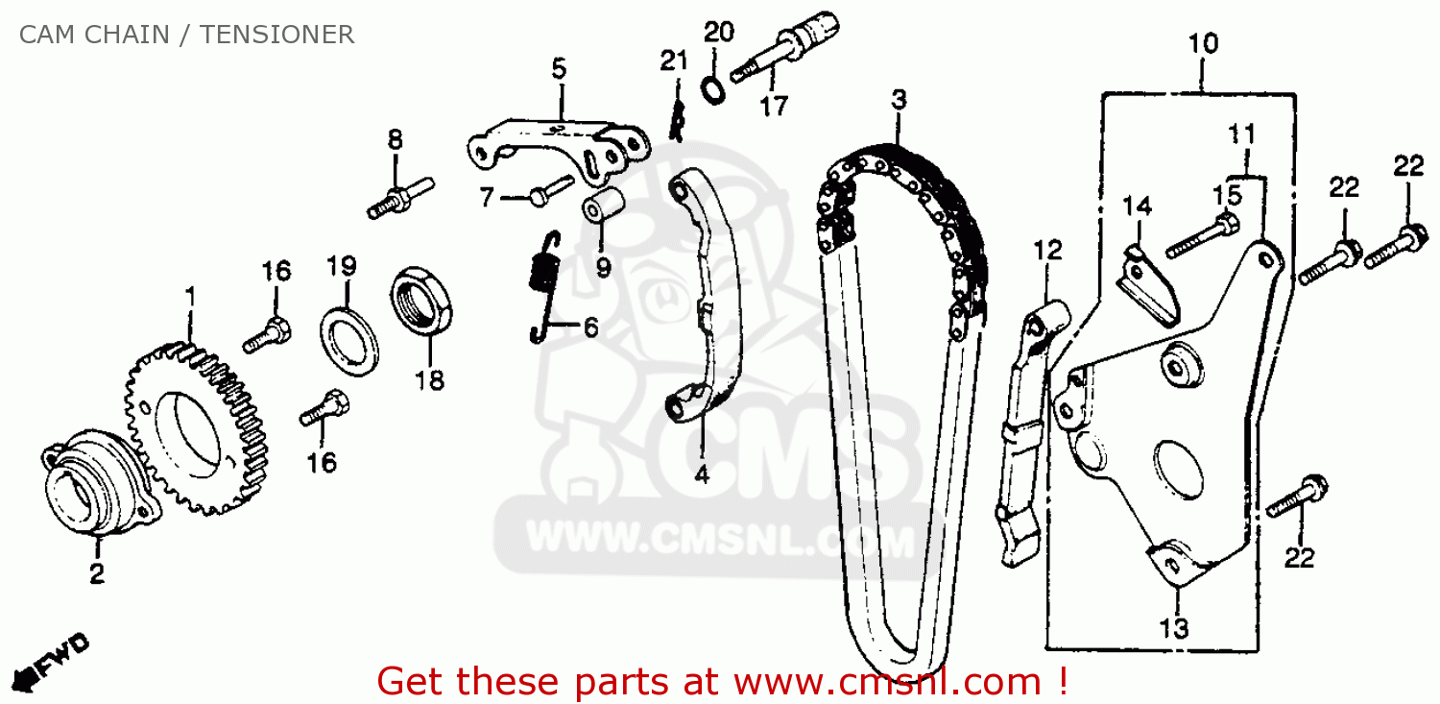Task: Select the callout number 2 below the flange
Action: (x=97, y=573)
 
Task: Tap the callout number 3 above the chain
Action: (x=898, y=99)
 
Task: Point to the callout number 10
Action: (x=1203, y=44)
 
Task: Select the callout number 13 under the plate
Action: (x=1174, y=628)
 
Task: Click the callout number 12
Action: (x=1047, y=252)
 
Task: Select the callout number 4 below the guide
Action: (x=702, y=474)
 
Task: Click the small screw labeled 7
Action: (x=540, y=196)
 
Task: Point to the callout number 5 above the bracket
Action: (x=559, y=68)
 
